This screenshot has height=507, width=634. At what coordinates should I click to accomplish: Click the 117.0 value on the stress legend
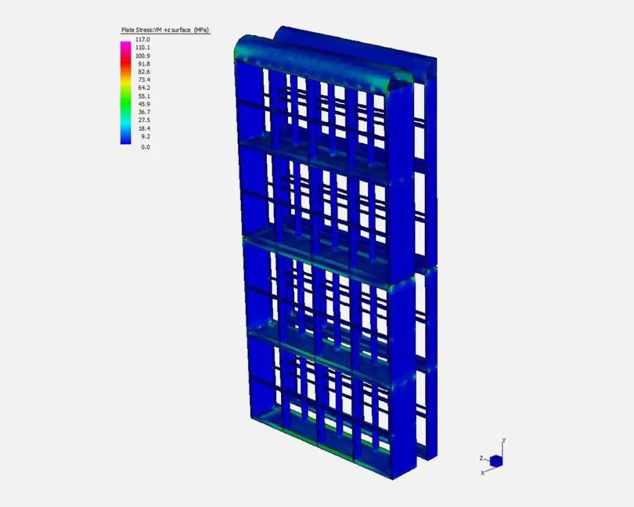tap(143, 40)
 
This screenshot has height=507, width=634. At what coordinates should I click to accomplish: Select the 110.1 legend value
tap(143, 48)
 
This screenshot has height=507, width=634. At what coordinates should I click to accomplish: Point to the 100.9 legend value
tap(143, 56)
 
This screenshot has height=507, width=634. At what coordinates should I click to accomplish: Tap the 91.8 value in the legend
tap(144, 64)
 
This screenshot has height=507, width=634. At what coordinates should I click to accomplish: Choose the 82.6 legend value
tap(144, 72)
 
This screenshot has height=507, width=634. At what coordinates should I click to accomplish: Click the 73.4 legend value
tap(144, 80)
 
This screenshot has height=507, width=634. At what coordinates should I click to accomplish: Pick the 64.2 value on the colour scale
tap(144, 88)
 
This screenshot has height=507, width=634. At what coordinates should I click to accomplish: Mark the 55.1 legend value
tap(144, 96)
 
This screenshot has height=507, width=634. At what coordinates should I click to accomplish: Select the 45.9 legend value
tap(144, 105)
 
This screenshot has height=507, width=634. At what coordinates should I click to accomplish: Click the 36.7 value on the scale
tap(144, 112)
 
